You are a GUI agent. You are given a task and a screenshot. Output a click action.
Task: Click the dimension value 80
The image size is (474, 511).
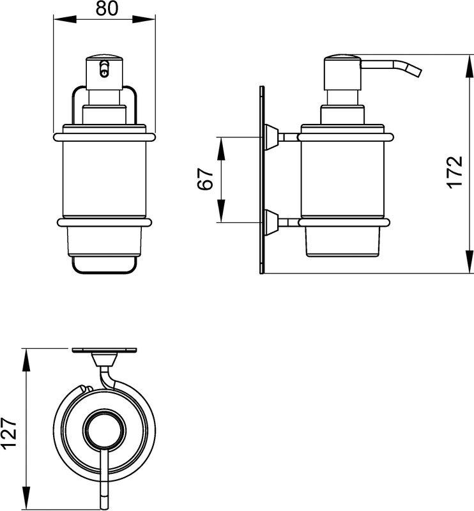point(107,8)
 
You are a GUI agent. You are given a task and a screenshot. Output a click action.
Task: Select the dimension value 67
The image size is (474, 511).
point(205,179)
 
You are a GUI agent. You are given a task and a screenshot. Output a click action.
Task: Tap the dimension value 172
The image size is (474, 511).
point(454,172)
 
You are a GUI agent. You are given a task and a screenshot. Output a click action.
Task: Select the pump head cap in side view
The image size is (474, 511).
point(342,73)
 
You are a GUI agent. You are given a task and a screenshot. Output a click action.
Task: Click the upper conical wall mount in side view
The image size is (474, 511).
point(271,137)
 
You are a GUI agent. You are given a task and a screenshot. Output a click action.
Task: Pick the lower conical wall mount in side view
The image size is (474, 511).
point(271,222)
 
